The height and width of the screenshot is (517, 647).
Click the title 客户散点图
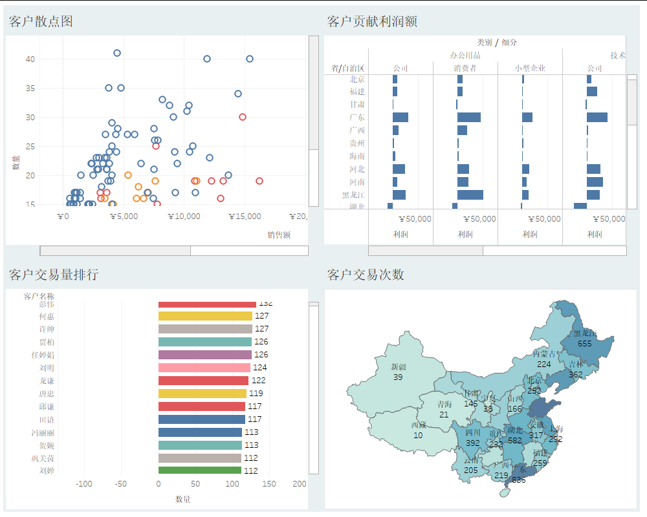(x=41, y=21)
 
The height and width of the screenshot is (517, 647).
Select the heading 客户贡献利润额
(x=372, y=21)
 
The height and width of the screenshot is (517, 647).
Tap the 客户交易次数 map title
(x=366, y=275)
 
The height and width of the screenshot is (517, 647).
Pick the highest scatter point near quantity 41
(x=117, y=53)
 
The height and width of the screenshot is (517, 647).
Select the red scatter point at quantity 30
(x=243, y=117)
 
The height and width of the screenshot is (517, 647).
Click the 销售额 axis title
(x=279, y=235)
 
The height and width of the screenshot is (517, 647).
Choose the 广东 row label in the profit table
(x=357, y=118)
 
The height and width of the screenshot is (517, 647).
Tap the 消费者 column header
(x=465, y=69)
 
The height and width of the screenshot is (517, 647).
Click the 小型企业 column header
(x=530, y=69)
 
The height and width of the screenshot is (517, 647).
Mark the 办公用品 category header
(x=465, y=56)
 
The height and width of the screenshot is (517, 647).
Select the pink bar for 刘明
(x=204, y=368)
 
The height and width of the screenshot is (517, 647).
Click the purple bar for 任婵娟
(x=204, y=355)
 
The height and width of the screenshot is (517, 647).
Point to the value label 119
(x=256, y=394)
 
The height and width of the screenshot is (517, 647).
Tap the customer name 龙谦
(x=47, y=381)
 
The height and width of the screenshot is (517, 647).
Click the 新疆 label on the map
(x=398, y=367)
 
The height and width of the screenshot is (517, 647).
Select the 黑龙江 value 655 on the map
(x=584, y=344)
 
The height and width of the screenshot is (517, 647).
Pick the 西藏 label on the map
(x=418, y=425)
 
